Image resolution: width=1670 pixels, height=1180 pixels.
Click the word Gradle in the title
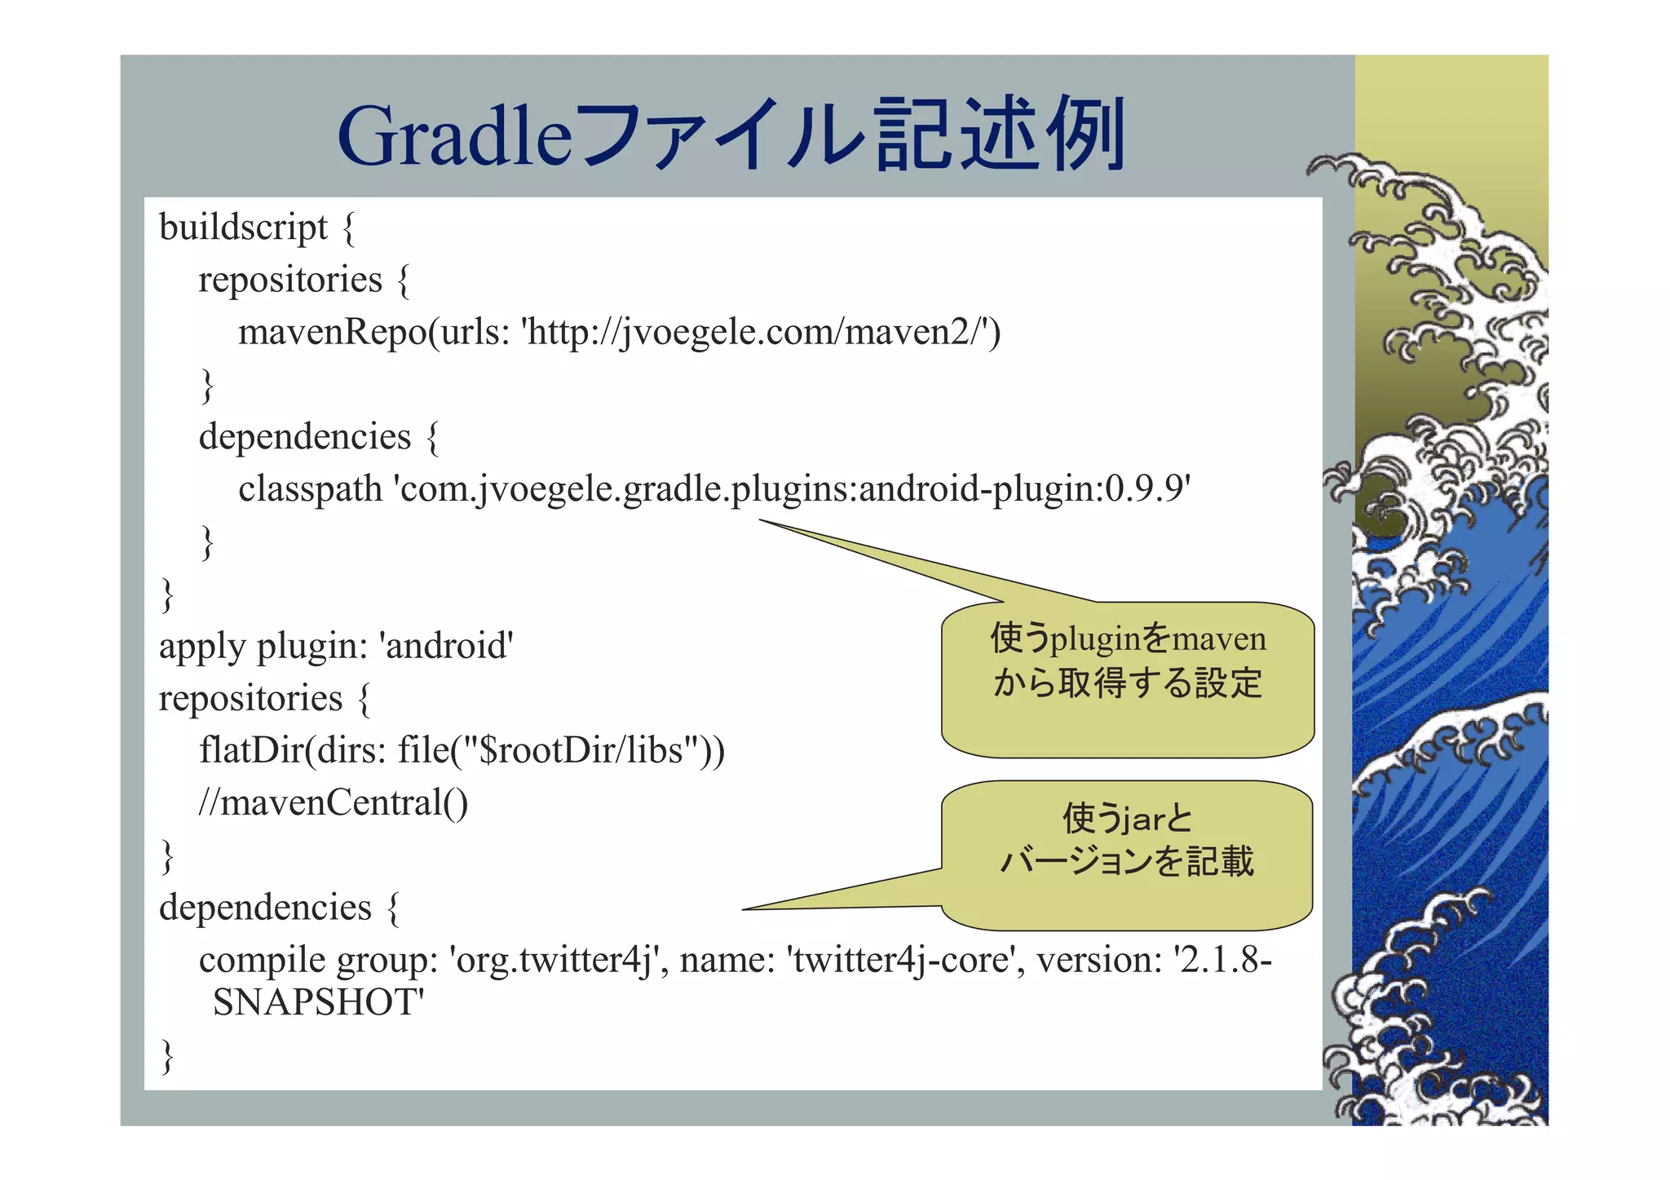tap(454, 135)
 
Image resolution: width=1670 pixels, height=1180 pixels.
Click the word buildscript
tap(243, 228)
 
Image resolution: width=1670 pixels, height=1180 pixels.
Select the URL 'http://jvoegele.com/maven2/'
tap(758, 333)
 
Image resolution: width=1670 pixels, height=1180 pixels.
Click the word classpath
tap(310, 489)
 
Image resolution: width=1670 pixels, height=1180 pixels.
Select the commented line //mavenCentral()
tap(334, 803)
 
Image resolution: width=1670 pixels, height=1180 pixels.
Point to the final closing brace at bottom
tap(167, 1056)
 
